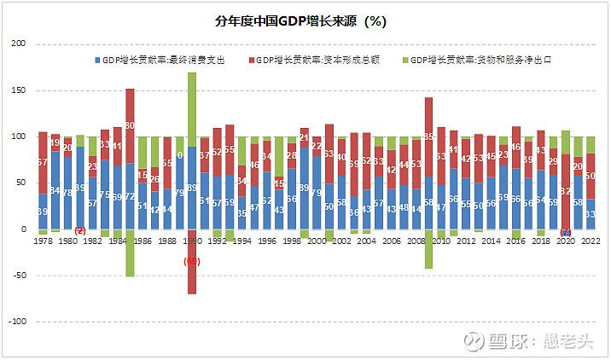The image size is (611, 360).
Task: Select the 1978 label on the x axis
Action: [43, 241]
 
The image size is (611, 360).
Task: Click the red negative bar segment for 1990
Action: [192, 260]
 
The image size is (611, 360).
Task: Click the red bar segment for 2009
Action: [428, 136]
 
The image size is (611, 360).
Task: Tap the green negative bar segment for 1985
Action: [130, 253]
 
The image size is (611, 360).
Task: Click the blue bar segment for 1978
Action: [43, 212]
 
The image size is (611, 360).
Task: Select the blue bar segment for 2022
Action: [591, 214]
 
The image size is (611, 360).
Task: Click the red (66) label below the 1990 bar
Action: [192, 261]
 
